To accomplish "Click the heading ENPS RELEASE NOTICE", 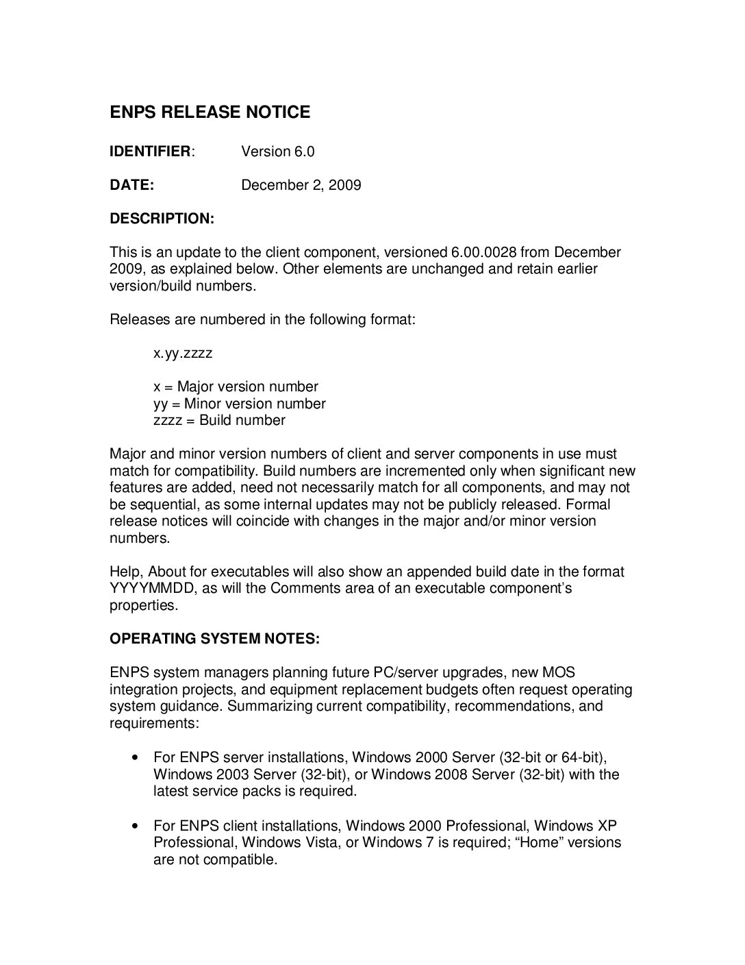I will click(x=210, y=112).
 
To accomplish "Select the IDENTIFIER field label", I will click(x=150, y=151).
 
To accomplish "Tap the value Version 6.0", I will click(x=277, y=151).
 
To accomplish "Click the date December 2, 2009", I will click(x=301, y=185).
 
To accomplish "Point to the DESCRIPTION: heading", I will click(x=162, y=219).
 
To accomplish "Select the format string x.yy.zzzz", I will click(x=183, y=353).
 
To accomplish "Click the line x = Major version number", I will click(x=236, y=387).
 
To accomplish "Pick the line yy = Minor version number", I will click(x=239, y=404).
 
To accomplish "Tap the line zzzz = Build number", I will click(x=219, y=420).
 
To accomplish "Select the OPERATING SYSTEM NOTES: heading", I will click(x=214, y=639).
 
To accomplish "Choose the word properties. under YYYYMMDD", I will click(x=144, y=605).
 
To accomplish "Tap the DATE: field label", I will click(x=131, y=185).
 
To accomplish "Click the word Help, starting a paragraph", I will click(x=127, y=572).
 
